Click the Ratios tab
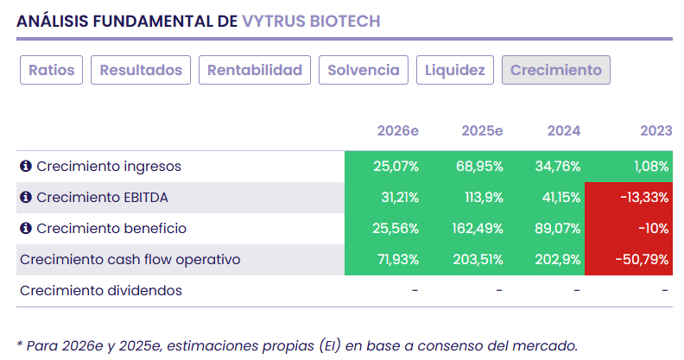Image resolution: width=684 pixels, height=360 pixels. coord(52,70)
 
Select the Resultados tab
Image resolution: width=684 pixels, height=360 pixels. coord(141,70)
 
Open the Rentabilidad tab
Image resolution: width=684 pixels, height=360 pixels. coord(255,70)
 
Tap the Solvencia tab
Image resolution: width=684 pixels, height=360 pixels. coord(364,70)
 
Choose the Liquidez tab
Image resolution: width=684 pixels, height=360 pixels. coord(454,70)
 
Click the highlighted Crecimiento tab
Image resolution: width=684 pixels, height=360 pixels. coord(556,70)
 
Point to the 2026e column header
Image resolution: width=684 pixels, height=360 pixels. coord(398,130)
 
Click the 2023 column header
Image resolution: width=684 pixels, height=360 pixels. coord(655,130)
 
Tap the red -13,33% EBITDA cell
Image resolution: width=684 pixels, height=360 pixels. coord(643,197)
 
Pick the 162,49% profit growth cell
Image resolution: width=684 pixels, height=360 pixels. coord(477,228)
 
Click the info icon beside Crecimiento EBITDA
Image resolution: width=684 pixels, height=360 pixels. coord(26,197)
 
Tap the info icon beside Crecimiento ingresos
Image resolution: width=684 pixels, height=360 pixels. coord(26,166)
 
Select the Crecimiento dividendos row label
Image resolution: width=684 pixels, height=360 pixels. coord(101,290)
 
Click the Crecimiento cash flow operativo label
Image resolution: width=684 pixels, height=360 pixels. coord(130,259)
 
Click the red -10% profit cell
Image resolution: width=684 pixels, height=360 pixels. coord(655,228)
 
